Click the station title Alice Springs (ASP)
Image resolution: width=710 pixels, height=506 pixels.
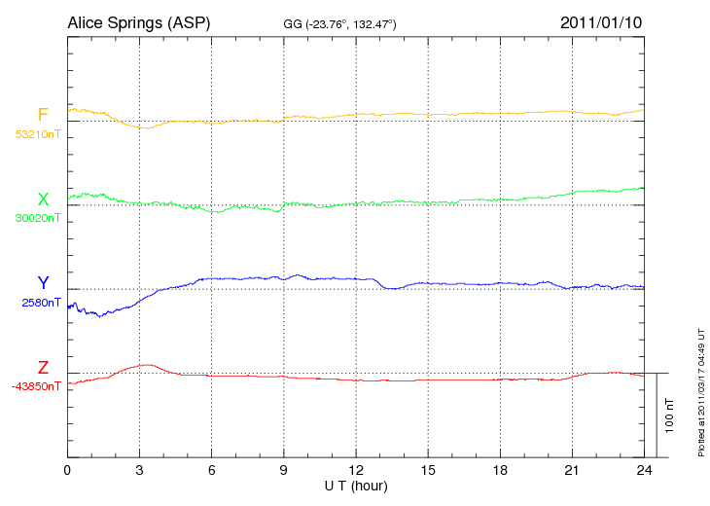(139, 21)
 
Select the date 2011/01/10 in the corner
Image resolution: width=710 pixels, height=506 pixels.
(601, 21)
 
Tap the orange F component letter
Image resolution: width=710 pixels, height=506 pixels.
(43, 116)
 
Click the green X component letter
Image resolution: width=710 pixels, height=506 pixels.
(43, 199)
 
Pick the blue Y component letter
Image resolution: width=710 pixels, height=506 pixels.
(43, 283)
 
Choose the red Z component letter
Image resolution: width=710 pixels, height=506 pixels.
(43, 368)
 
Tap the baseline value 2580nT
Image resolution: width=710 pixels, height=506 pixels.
(41, 303)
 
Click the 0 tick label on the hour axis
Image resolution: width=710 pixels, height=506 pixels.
(67, 470)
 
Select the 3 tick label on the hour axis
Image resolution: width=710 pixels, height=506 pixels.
(139, 470)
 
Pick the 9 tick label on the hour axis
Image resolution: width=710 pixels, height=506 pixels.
(284, 470)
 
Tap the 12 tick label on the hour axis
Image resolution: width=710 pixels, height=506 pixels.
(356, 470)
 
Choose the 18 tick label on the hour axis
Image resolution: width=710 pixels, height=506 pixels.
(500, 470)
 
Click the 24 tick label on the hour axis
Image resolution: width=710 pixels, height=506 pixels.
(644, 470)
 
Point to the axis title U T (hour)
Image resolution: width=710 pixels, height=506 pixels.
(355, 485)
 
